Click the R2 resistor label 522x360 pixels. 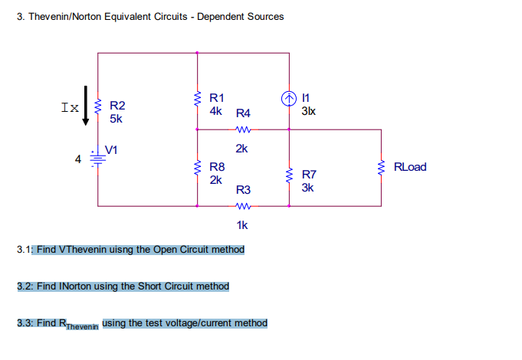pyautogui.click(x=118, y=106)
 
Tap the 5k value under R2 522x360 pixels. pyautogui.click(x=116, y=119)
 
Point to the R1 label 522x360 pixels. pyautogui.click(x=217, y=98)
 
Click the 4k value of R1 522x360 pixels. pyautogui.click(x=215, y=111)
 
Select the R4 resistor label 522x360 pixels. pyautogui.click(x=243, y=113)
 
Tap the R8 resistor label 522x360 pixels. pyautogui.click(x=217, y=167)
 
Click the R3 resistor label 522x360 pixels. pyautogui.click(x=243, y=189)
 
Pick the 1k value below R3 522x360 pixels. pyautogui.click(x=242, y=225)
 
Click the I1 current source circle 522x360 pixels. pyautogui.click(x=289, y=98)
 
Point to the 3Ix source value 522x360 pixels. pyautogui.click(x=308, y=111)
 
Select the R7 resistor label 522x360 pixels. pyautogui.click(x=309, y=174)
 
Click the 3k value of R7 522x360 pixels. pyautogui.click(x=307, y=187)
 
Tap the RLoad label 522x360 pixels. pyautogui.click(x=410, y=167)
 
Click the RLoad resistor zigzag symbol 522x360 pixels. pyautogui.click(x=381, y=167)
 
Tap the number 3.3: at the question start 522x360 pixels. pyautogui.click(x=25, y=323)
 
